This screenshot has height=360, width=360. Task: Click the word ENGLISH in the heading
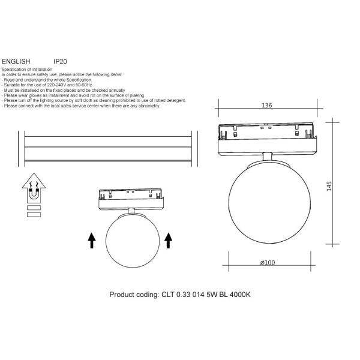point(16,62)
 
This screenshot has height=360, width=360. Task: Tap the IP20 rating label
point(60,62)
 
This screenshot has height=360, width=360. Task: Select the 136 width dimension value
point(267,106)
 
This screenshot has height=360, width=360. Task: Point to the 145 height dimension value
point(329,186)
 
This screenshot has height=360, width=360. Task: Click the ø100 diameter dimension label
point(268,262)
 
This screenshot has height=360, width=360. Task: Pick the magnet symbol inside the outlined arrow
point(34,193)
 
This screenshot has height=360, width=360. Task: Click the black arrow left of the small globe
point(92,241)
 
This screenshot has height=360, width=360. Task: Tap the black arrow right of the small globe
point(168,241)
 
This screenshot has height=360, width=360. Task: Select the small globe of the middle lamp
point(133,241)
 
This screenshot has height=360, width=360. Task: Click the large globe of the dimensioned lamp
point(269,203)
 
